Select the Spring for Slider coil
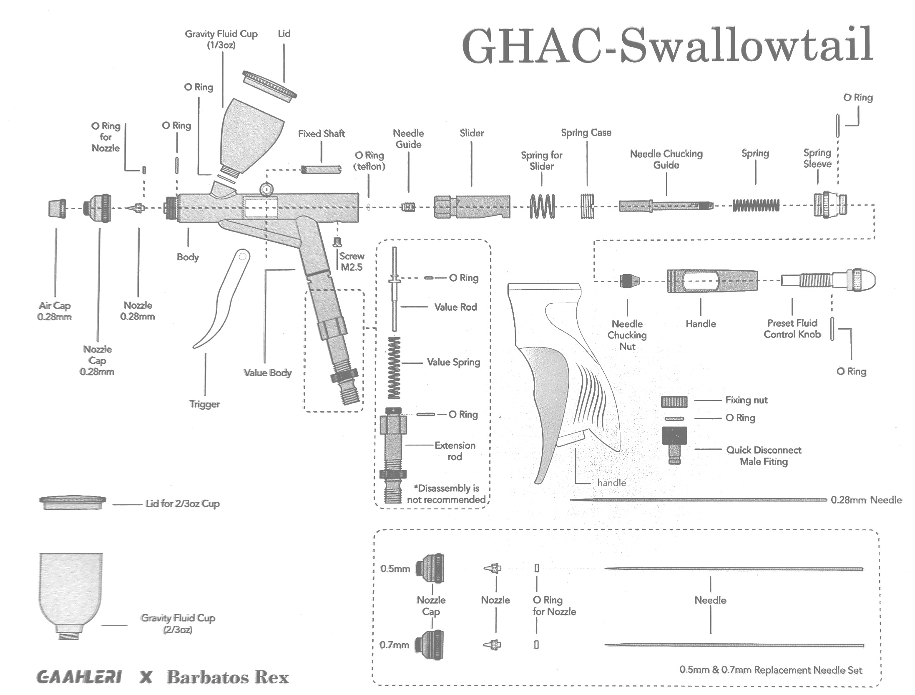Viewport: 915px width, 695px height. [x=542, y=206]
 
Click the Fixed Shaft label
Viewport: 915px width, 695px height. [x=321, y=134]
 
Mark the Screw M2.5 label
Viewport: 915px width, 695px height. [x=352, y=262]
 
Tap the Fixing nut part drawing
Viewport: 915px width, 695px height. [x=674, y=402]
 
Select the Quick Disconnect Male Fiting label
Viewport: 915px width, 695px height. [x=764, y=456]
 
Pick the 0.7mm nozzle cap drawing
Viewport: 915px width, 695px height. [x=430, y=645]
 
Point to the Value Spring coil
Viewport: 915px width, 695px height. [x=394, y=367]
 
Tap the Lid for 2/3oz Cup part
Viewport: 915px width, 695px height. [x=73, y=502]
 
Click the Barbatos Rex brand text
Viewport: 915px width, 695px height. [x=228, y=677]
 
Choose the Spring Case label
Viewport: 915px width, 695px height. [x=586, y=133]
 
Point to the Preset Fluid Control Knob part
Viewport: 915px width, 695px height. [x=828, y=279]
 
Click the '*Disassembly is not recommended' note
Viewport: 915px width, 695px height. [x=446, y=494]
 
